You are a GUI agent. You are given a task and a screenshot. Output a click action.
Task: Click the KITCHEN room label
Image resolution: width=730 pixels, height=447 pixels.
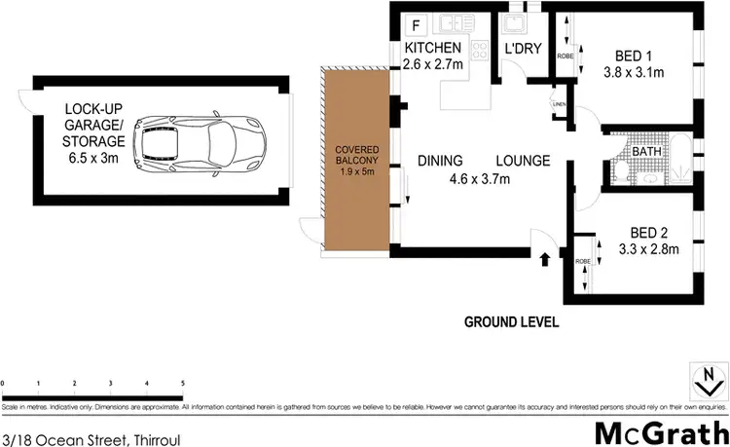click(432, 49)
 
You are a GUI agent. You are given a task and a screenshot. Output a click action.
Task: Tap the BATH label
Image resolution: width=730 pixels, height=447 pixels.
click(646, 152)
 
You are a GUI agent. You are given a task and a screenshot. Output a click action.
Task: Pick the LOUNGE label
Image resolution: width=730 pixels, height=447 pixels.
click(524, 161)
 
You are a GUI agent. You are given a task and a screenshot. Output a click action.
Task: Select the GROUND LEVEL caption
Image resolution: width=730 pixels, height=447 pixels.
click(511, 321)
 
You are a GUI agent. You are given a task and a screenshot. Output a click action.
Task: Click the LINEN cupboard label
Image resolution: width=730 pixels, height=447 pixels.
click(558, 103)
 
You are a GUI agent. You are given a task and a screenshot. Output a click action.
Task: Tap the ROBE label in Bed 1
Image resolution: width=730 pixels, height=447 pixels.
click(566, 56)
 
